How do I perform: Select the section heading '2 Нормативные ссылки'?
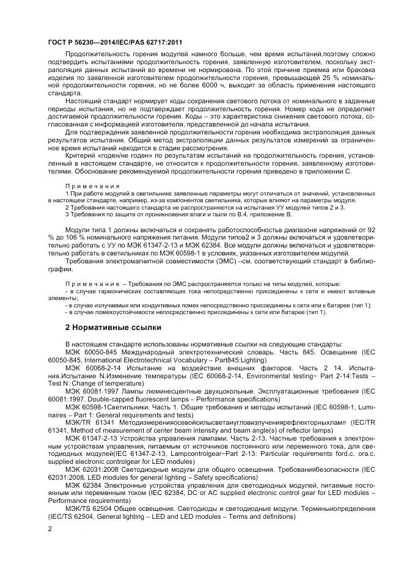click(108, 326)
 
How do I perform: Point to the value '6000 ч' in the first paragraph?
click(225, 88)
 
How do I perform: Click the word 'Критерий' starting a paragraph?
click(81, 156)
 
